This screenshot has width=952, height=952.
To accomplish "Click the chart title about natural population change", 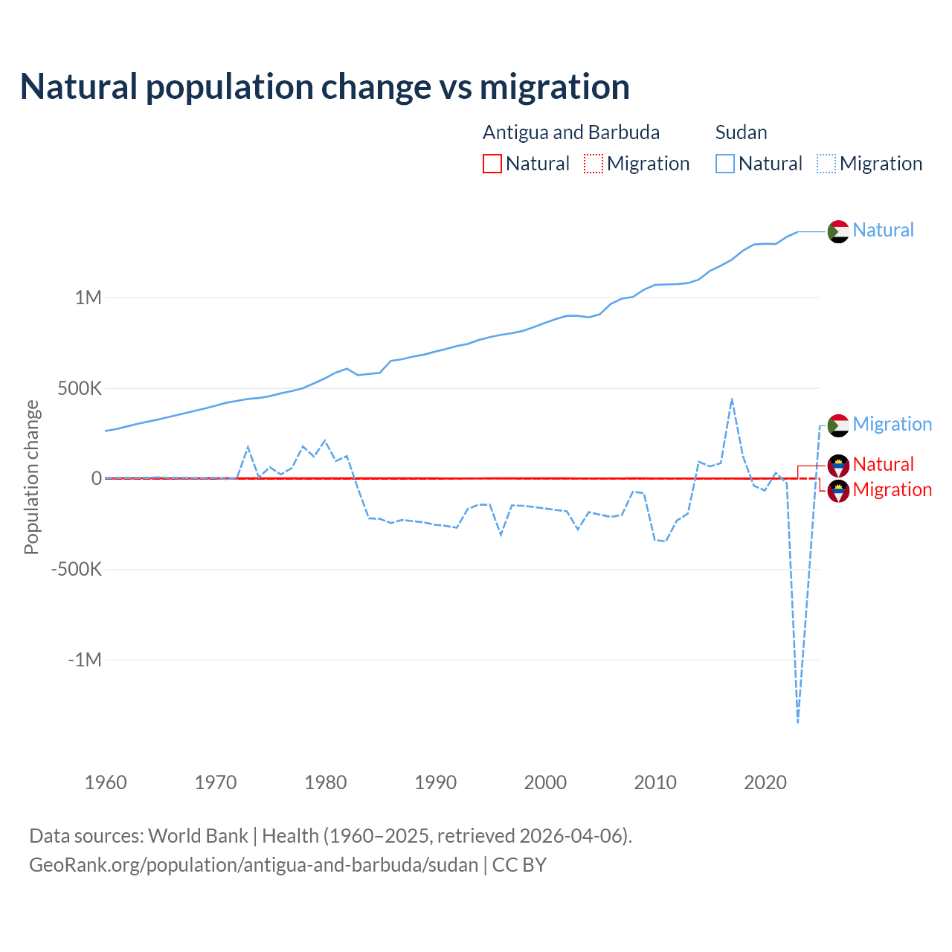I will [325, 87].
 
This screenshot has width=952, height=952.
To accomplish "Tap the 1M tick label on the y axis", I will [88, 298].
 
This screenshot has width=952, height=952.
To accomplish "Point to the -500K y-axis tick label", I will [76, 570].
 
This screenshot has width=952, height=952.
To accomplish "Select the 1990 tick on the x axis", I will [435, 782].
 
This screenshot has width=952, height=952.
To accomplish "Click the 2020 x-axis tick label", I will [765, 782].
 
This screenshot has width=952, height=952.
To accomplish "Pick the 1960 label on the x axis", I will [106, 782].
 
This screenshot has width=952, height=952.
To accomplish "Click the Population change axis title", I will [31, 477].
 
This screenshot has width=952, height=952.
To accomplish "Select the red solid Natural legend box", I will [492, 164].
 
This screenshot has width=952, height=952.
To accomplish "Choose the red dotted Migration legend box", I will [594, 164].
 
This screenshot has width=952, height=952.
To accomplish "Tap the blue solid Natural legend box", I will [725, 164].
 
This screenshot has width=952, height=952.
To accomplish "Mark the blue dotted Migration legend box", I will [826, 164].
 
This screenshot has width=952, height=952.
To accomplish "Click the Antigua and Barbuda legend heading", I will [571, 132].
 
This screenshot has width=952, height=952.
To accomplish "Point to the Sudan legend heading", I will [741, 132].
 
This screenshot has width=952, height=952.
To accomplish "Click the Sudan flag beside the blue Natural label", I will [838, 231].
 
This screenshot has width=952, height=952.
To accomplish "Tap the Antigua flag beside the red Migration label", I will [838, 491].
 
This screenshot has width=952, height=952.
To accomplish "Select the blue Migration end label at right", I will [892, 424].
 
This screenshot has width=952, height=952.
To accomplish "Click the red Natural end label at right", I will [883, 464].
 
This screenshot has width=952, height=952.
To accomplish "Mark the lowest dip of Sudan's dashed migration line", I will [798, 721].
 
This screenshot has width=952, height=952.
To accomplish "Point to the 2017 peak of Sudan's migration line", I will [732, 399].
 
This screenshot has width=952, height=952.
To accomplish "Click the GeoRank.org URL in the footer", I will [254, 865].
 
